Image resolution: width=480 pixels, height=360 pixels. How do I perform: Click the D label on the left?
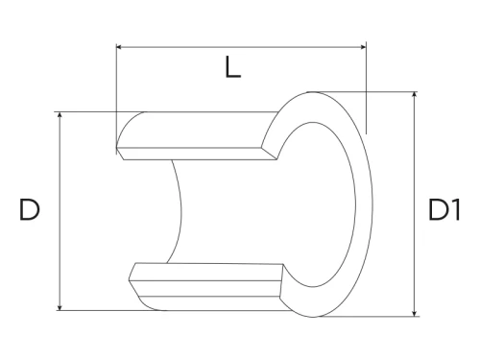pyautogui.click(x=29, y=211)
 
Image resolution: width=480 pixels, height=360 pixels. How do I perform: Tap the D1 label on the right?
pyautogui.click(x=444, y=211)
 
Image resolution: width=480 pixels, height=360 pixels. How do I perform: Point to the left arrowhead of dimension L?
pyautogui.click(x=119, y=45)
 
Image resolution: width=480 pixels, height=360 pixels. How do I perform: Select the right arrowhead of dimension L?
pyautogui.click(x=362, y=45)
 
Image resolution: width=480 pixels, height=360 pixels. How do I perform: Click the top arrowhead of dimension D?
pyautogui.click(x=60, y=115)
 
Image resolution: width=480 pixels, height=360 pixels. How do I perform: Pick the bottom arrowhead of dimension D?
pyautogui.click(x=60, y=306)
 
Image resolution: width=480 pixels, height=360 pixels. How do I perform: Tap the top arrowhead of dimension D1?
pyautogui.click(x=414, y=96)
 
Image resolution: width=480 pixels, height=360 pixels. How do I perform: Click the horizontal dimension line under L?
pyautogui.click(x=240, y=45)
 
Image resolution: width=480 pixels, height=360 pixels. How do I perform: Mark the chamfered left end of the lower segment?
pyautogui.click(x=134, y=279)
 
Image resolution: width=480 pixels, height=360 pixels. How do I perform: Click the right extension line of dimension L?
pyautogui.click(x=366, y=86)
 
